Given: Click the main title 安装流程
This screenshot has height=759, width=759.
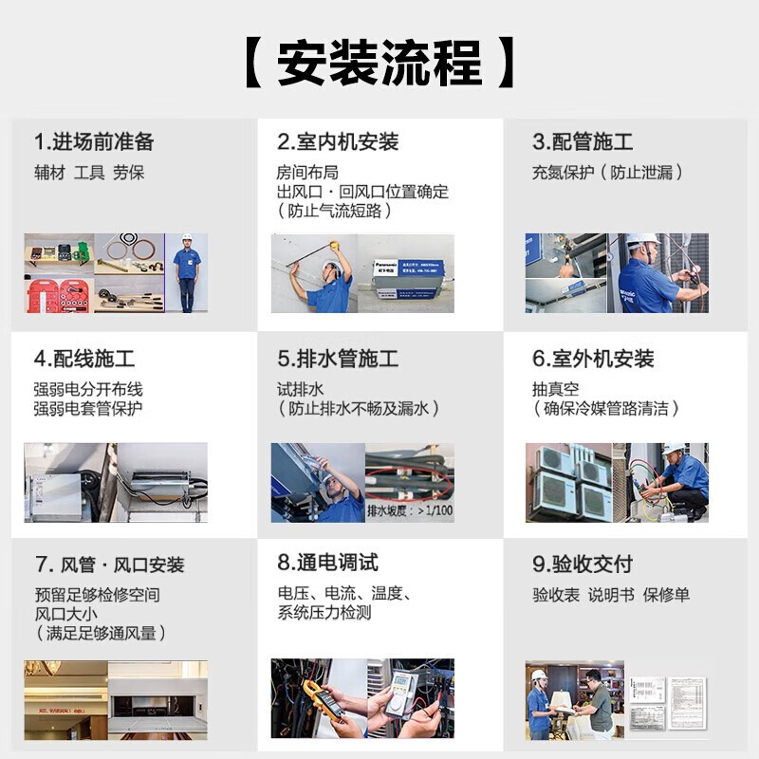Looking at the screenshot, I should (379, 64).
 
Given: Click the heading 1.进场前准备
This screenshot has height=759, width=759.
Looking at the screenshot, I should (94, 142).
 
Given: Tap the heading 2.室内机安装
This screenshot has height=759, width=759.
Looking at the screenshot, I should (338, 142).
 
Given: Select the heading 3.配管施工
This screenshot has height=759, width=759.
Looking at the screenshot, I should (583, 142).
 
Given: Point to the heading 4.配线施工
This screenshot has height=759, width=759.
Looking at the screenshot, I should (84, 359).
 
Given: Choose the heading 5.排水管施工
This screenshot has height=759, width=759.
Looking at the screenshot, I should (338, 359).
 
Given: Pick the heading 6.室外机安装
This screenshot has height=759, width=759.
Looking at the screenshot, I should (593, 359).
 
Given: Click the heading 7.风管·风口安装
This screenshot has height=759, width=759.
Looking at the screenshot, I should (109, 565).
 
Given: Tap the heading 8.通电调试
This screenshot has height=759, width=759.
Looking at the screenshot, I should (327, 563).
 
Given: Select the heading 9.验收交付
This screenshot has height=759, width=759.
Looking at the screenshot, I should (583, 564).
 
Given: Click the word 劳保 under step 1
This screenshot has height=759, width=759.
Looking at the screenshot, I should (129, 173).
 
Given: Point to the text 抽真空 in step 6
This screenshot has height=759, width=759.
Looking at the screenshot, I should (555, 389).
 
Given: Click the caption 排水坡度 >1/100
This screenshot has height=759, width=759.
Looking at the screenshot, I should (409, 510).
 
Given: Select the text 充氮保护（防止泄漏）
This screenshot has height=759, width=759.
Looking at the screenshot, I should (607, 173).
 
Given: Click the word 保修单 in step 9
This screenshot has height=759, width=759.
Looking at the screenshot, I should (666, 595).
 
